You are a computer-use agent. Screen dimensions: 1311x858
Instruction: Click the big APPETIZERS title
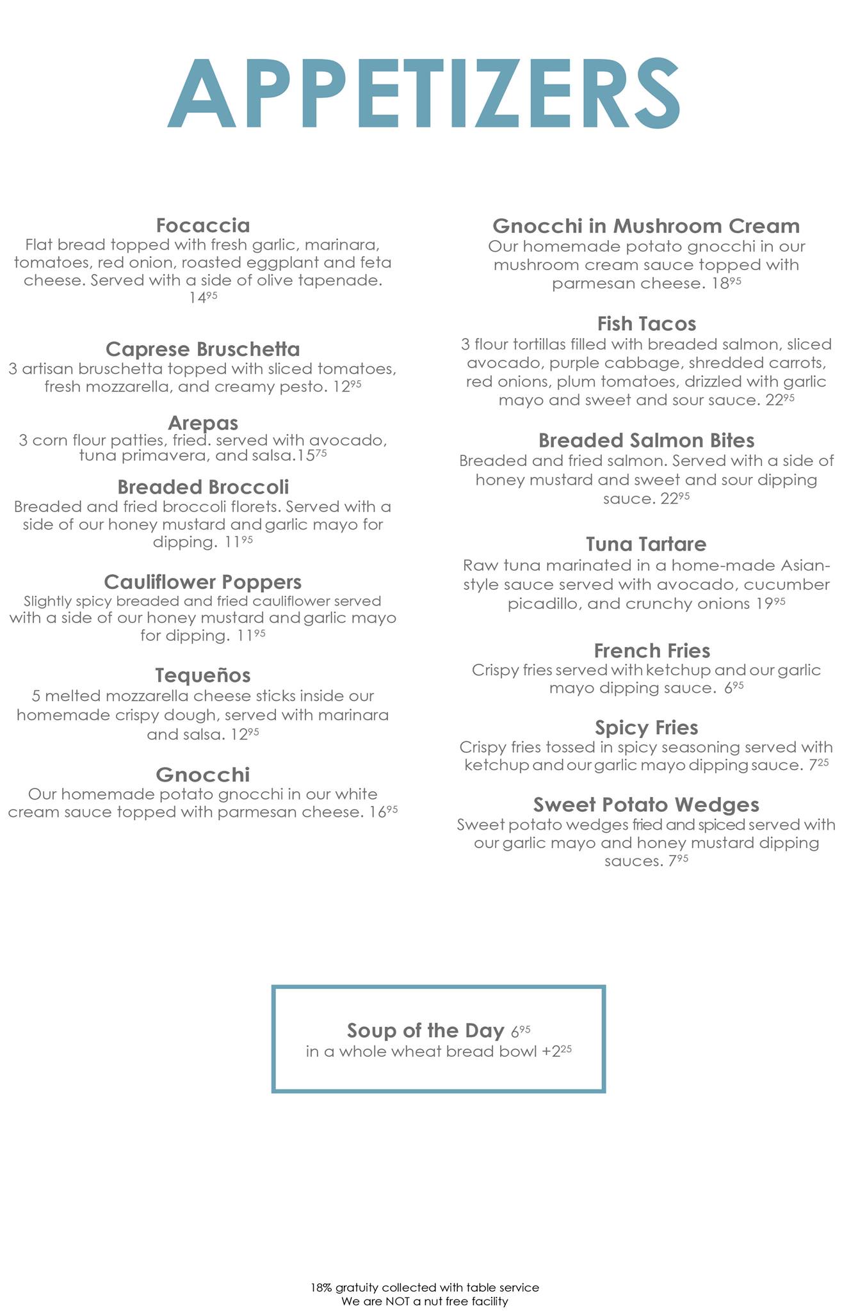[424, 94]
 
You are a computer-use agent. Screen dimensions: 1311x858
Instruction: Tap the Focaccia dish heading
[203, 225]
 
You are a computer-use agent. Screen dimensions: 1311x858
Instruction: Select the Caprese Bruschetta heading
[202, 349]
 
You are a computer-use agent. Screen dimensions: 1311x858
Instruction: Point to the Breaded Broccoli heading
[203, 487]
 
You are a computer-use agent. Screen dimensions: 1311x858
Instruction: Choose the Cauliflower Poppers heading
[202, 582]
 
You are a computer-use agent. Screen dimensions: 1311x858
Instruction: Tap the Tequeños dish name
[203, 675]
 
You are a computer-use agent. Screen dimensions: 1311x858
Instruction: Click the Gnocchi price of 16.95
[384, 812]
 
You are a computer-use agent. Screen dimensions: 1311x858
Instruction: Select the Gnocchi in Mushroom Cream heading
[646, 226]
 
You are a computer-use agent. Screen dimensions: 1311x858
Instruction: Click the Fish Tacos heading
[646, 323]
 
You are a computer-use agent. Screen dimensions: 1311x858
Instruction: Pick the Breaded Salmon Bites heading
[646, 440]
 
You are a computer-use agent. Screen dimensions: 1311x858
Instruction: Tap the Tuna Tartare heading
[646, 544]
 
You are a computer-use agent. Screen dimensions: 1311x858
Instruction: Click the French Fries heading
[652, 651]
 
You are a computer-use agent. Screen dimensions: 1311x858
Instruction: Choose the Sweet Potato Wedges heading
[646, 805]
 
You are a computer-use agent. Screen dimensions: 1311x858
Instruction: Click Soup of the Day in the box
[425, 1031]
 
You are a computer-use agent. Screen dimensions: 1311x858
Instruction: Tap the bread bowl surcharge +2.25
[556, 1052]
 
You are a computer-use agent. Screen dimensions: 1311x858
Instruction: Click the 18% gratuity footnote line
[425, 1287]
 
